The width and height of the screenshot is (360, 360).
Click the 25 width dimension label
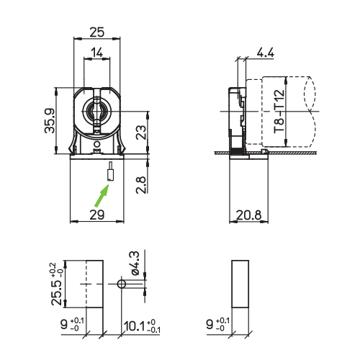pyautogui.click(x=97, y=32)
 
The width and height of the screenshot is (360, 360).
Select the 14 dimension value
pyautogui.click(x=97, y=53)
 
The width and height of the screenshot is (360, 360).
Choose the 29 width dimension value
pyautogui.click(x=97, y=215)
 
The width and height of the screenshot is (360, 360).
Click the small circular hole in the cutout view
pyautogui.click(x=122, y=284)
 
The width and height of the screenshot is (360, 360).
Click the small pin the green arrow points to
pyautogui.click(x=110, y=173)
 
